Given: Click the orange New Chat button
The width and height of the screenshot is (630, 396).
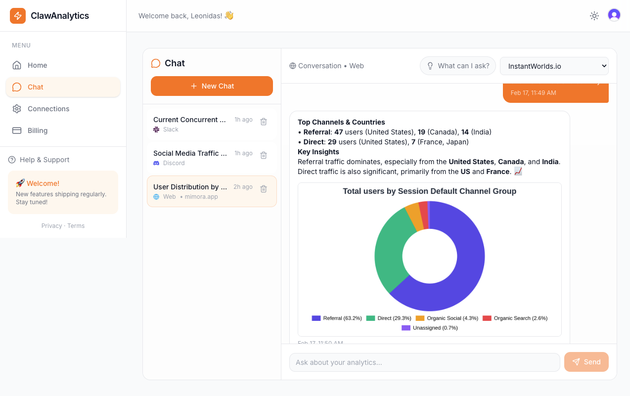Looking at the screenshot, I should (x=212, y=86).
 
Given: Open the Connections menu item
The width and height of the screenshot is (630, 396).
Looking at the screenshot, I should (x=48, y=109).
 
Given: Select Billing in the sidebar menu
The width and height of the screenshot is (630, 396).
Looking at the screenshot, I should (x=38, y=131).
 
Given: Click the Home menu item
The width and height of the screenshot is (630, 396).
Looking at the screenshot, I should (x=37, y=65).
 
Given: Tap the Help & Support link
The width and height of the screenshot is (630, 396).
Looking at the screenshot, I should (x=44, y=160).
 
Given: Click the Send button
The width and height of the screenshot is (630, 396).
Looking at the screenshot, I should (x=586, y=362).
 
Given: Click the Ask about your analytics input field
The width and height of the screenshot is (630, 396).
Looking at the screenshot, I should (x=424, y=362).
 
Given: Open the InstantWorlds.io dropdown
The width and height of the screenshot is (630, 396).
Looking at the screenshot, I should (x=554, y=66).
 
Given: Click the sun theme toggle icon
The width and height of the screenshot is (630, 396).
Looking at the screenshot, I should (x=594, y=16).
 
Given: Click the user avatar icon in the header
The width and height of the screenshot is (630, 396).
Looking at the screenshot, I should (x=614, y=15).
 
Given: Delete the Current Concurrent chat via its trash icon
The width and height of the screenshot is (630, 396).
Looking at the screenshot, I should (x=264, y=122).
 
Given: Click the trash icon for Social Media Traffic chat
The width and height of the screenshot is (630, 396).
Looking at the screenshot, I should (x=264, y=155).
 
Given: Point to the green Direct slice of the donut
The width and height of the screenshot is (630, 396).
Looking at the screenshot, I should (x=388, y=250).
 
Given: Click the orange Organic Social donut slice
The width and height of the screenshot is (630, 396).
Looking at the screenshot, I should (x=413, y=217).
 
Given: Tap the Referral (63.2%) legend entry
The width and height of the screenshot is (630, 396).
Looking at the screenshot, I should (x=337, y=318).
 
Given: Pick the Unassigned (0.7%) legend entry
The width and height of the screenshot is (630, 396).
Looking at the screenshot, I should (x=430, y=328).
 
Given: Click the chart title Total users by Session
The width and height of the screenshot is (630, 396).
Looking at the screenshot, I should (x=429, y=191).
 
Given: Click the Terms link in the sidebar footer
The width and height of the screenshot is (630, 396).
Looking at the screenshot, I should (x=76, y=226).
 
